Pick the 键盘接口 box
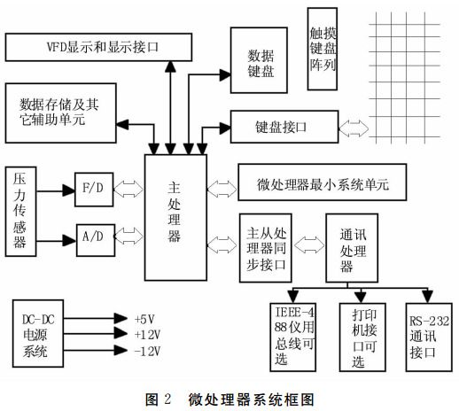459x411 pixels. coord(281,127)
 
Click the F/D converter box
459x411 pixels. coord(92,189)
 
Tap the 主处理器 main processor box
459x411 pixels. coord(175,213)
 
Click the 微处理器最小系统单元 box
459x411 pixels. coord(321,185)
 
